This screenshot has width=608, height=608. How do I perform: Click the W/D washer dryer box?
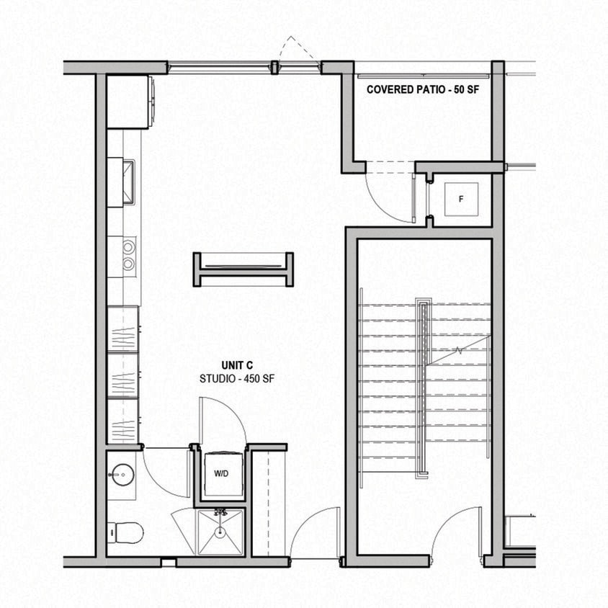pyautogui.click(x=222, y=474)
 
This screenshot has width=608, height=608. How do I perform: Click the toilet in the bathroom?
pyautogui.click(x=125, y=532)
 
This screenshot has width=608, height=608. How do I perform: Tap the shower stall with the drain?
pyautogui.click(x=220, y=532)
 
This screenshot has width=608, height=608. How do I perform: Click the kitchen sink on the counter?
pyautogui.click(x=128, y=182)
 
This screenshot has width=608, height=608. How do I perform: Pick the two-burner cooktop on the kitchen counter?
pyautogui.click(x=128, y=255)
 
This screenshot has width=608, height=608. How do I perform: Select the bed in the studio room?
pyautogui.click(x=243, y=269)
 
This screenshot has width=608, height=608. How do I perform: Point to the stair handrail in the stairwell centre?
pyautogui.click(x=423, y=389)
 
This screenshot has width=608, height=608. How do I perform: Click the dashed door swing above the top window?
pyautogui.click(x=298, y=50)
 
